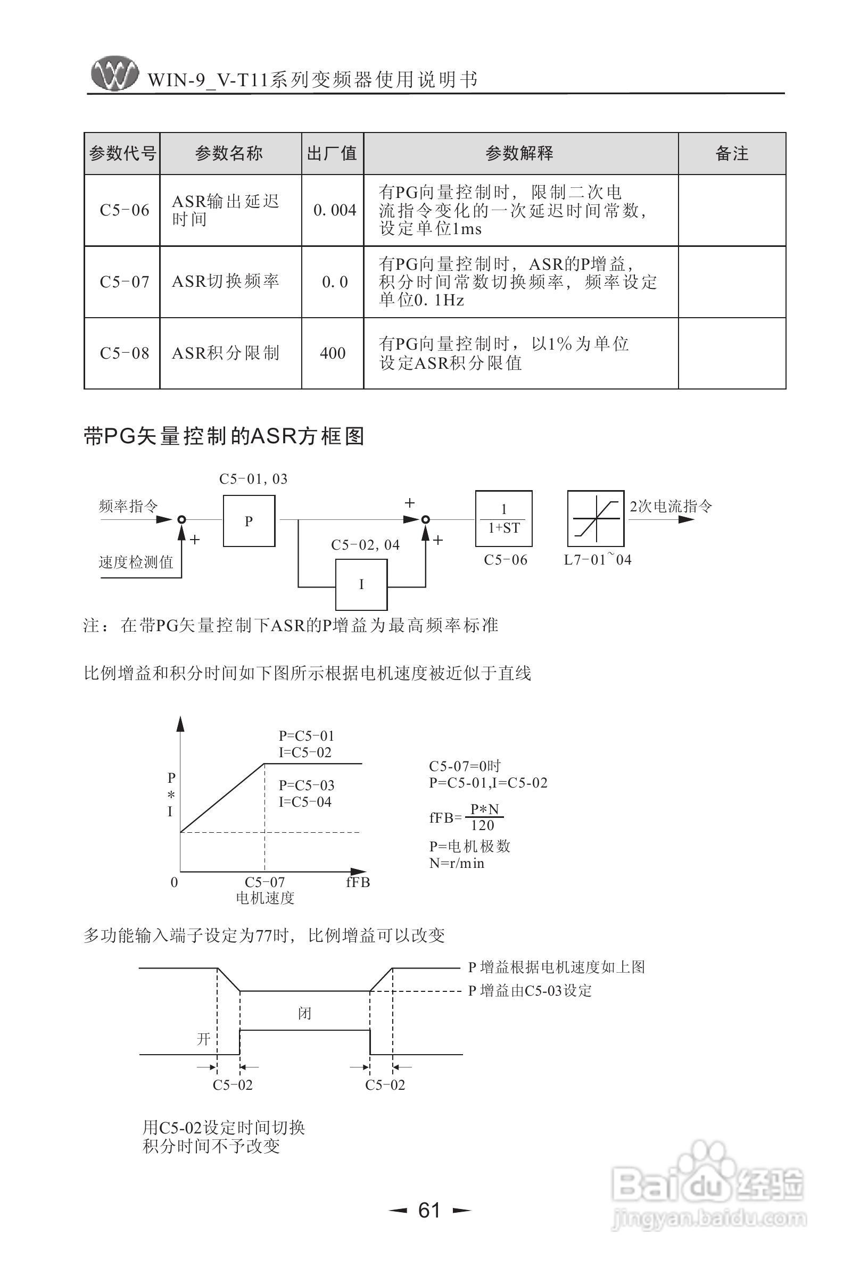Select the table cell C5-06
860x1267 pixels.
click(125, 210)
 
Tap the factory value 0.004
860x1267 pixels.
click(334, 210)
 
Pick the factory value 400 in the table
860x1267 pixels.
click(333, 353)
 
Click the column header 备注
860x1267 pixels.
click(732, 154)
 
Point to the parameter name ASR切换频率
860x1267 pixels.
click(225, 281)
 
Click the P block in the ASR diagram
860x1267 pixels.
click(249, 521)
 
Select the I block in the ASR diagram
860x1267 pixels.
click(361, 584)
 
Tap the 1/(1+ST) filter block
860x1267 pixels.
click(504, 519)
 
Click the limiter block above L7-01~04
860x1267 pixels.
click(596, 518)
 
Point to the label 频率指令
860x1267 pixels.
click(128, 506)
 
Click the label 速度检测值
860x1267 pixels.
click(136, 562)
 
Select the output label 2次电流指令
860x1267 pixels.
click(671, 507)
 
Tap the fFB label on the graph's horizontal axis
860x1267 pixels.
click(358, 882)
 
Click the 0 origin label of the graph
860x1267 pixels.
click(174, 882)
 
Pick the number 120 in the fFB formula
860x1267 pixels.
click(483, 825)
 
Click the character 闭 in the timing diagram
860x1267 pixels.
click(304, 1013)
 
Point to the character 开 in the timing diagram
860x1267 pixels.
click(203, 1039)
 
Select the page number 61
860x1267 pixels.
click(429, 1210)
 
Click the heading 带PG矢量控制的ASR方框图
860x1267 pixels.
click(224, 436)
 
